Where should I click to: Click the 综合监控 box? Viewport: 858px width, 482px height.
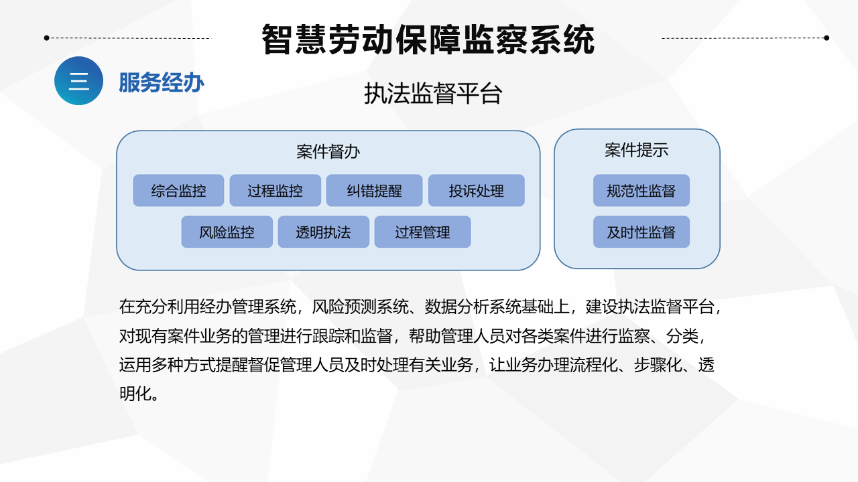pos(178,191)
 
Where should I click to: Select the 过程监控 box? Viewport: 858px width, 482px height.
pos(275,191)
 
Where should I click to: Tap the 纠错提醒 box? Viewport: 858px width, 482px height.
pos(374,191)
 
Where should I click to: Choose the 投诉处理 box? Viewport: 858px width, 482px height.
pos(476,191)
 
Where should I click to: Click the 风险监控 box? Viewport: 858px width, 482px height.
pos(227,232)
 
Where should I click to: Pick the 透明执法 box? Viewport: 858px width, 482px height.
pos(323,232)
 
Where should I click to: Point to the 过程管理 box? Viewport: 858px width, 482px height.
pos(422,232)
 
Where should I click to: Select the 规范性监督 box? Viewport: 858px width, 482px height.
pos(641,191)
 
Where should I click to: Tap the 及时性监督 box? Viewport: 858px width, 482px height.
pos(641,232)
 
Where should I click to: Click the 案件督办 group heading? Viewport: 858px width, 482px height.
pos(328,152)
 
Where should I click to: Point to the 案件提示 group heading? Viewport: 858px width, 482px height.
pos(637,150)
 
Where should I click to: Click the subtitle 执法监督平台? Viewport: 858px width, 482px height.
pos(433,93)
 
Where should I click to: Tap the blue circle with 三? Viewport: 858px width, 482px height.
pos(79,81)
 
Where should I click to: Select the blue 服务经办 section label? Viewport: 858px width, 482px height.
pos(162,82)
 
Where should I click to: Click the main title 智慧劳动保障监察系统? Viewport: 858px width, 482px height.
pos(428,39)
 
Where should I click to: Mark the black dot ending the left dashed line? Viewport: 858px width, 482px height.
pos(47,38)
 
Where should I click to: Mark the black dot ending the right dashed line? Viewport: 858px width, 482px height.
pos(826,38)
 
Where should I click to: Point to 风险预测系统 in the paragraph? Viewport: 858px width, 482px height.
pos(360,307)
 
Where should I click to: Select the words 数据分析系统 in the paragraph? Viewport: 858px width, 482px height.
pos(473,307)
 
